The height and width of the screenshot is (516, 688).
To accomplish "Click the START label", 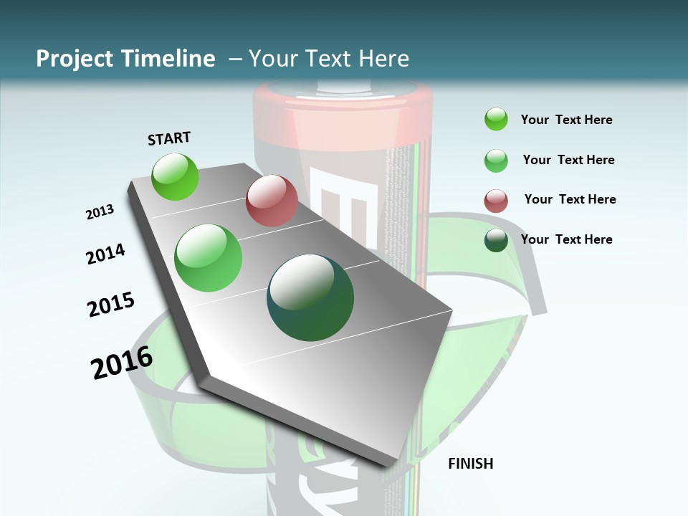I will pos(169,138).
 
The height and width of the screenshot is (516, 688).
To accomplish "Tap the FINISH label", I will pos(470,464).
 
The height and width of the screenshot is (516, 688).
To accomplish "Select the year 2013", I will pos(100,212).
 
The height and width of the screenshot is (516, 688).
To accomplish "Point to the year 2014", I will pos(105,254).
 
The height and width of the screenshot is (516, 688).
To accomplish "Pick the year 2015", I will pos(111,305).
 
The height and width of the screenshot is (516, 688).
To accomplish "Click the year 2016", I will pos(122,363).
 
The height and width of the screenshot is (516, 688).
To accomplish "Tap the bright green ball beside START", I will pos(175,176).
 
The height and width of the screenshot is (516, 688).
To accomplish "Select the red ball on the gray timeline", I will pos(272,201).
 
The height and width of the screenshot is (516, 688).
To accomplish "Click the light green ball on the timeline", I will pos(209,258).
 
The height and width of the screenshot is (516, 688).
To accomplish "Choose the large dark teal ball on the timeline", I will pos(310,297).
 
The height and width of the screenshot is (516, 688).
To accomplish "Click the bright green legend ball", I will pos(496,120).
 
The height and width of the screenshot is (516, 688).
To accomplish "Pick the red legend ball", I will pos(496,201).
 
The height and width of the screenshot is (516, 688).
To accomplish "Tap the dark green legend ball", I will pos(496,240).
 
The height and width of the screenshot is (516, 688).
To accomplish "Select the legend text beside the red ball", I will pos(570,199).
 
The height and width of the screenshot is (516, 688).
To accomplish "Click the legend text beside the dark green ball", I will pos(566,239).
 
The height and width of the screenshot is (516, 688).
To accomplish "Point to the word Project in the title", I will pos(75,59).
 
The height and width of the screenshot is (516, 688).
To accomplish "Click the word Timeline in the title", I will pos(168,59).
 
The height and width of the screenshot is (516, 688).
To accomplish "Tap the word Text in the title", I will pos(330,59).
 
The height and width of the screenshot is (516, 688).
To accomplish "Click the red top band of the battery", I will pos(343,97).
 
